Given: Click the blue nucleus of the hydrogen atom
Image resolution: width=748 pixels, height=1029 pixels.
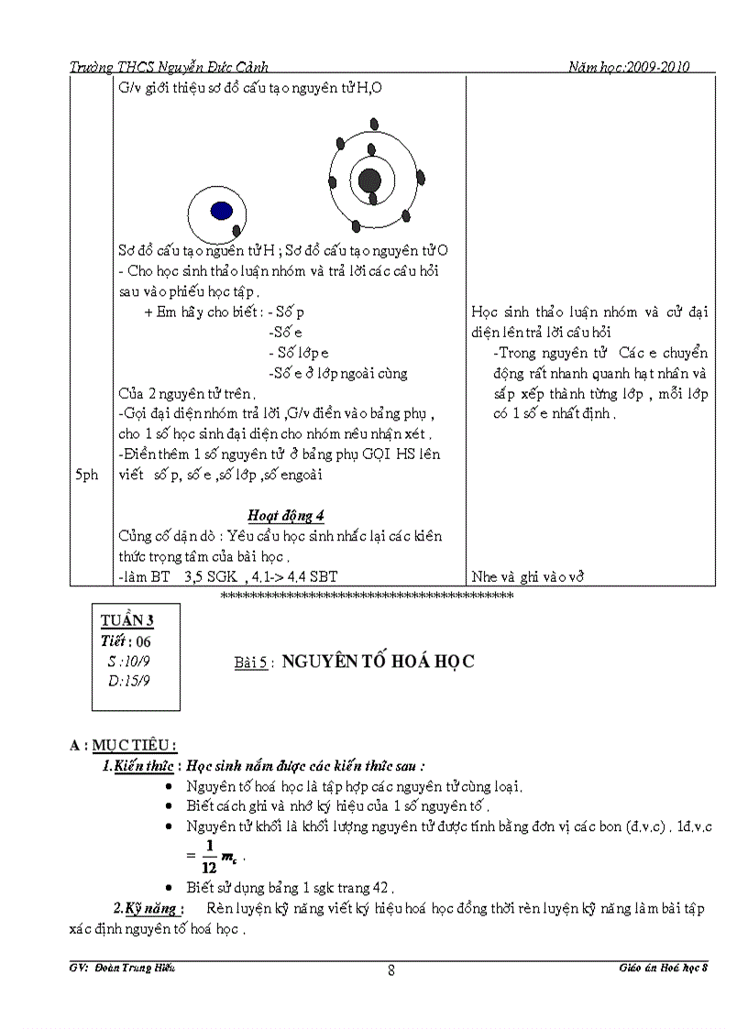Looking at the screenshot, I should click(221, 211).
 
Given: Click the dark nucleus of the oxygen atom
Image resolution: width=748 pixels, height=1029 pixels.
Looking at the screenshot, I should click(369, 180).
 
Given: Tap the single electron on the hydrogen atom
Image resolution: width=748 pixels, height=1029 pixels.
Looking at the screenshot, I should click(237, 230).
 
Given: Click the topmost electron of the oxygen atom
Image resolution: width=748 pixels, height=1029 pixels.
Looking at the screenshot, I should click(373, 124).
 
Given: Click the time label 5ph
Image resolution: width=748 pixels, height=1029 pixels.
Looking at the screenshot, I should click(88, 476).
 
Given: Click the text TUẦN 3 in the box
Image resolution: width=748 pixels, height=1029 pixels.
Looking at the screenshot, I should click(127, 621).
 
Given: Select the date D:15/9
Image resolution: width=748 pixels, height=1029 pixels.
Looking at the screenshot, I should click(128, 681).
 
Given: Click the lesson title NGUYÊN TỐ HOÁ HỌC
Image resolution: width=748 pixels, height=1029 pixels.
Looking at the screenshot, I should click(378, 662).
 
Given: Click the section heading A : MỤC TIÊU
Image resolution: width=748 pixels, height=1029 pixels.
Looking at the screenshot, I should click(123, 745).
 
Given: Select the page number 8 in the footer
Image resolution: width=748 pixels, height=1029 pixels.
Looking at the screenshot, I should click(391, 972).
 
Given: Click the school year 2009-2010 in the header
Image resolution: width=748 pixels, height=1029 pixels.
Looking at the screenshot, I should click(657, 67).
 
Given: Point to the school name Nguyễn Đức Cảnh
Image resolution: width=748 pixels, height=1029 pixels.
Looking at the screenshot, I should click(212, 67).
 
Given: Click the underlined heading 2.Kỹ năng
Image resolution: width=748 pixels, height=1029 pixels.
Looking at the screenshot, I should click(148, 909).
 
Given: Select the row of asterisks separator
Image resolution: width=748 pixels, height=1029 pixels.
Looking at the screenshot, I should click(368, 597).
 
